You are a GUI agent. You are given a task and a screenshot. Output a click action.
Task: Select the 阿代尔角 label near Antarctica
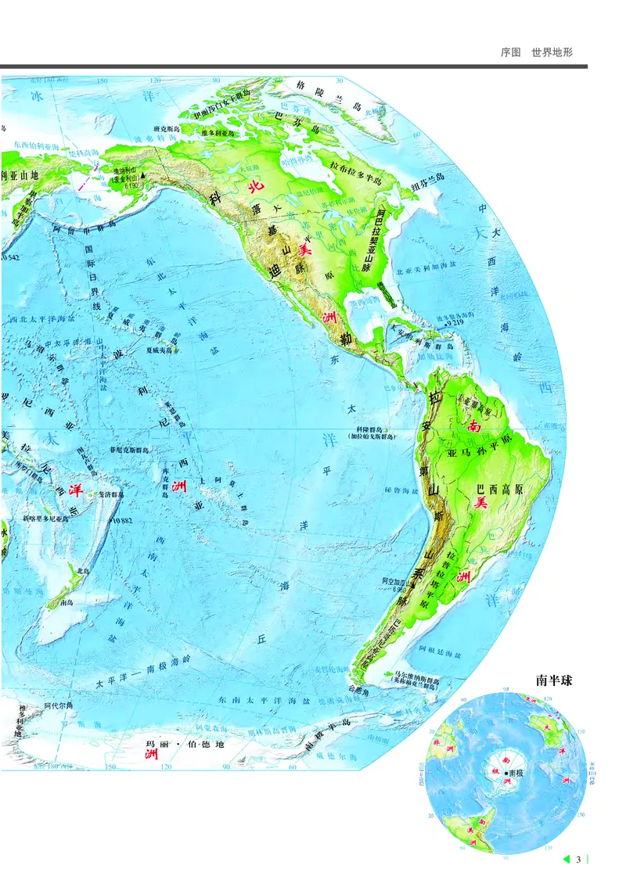[x=59, y=705]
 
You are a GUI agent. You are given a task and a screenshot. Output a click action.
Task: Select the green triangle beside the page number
[x=565, y=860]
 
